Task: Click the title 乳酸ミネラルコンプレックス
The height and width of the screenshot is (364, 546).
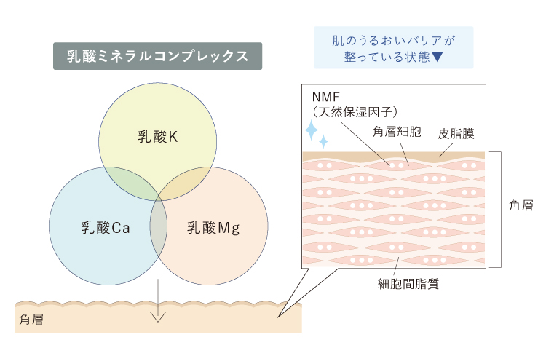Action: (x=157, y=56)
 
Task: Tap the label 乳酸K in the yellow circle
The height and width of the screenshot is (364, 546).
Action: (x=158, y=137)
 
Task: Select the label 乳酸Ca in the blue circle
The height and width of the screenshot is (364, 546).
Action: (x=106, y=228)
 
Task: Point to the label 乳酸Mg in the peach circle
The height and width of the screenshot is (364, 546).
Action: (x=213, y=228)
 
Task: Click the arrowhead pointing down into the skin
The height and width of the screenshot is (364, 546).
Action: (x=158, y=317)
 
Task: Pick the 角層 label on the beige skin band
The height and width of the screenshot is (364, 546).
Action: (x=31, y=319)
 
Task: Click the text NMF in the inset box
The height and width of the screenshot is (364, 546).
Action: (x=325, y=97)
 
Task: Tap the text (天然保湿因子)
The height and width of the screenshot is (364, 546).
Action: (x=355, y=112)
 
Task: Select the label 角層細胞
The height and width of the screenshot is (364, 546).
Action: (x=397, y=132)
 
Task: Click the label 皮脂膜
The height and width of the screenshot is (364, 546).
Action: (x=456, y=134)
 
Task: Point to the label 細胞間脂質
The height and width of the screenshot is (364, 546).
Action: (x=408, y=284)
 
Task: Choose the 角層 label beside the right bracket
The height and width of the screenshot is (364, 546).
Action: (x=521, y=205)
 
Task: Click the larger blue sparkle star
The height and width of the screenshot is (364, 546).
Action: (x=312, y=130)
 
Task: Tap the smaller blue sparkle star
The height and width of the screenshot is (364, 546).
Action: (x=323, y=141)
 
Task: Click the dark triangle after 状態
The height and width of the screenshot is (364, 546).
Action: (x=437, y=57)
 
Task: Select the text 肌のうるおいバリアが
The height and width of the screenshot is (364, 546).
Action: (x=393, y=41)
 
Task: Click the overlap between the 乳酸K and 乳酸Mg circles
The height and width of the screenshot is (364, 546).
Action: (x=184, y=183)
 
